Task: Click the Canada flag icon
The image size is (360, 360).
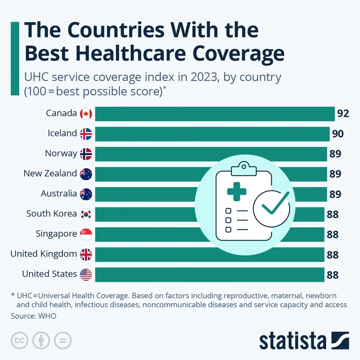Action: (x=86, y=114)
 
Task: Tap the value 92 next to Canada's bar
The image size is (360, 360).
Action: (x=343, y=113)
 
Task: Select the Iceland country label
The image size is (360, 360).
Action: (x=62, y=133)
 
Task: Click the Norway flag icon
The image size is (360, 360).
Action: (x=86, y=154)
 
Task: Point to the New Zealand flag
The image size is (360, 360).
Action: (x=86, y=174)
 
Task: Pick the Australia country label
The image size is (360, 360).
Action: (x=59, y=194)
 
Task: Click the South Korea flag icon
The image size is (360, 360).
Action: (x=86, y=214)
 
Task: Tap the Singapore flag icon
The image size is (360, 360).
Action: (x=86, y=234)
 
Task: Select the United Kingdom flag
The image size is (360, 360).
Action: (x=86, y=255)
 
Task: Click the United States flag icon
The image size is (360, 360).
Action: (x=86, y=274)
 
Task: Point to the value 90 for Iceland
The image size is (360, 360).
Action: (x=338, y=133)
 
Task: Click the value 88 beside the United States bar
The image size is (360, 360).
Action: (x=332, y=275)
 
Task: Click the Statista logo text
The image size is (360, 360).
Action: (x=293, y=340)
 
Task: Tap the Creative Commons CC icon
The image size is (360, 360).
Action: (x=19, y=340)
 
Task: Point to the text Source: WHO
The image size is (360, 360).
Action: (x=33, y=316)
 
